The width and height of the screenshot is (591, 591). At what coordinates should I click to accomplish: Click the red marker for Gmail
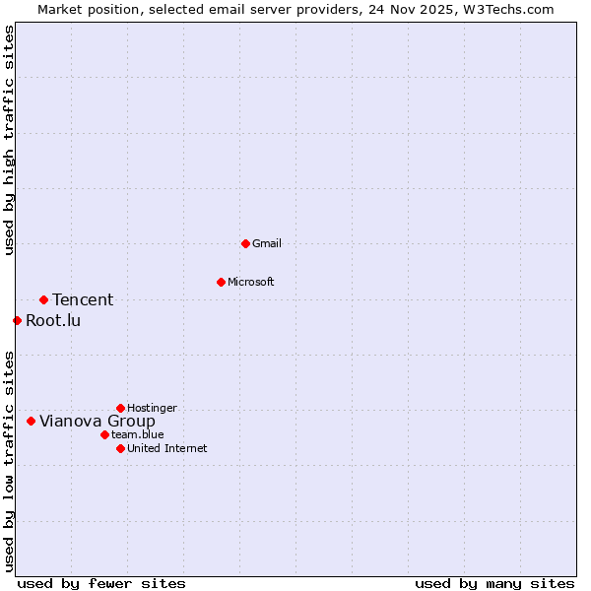click(x=245, y=243)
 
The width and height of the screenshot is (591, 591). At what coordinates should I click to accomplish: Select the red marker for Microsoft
click(x=221, y=283)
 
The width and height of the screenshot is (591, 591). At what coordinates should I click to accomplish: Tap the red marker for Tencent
click(x=43, y=299)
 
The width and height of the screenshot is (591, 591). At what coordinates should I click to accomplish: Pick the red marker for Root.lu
click(x=17, y=320)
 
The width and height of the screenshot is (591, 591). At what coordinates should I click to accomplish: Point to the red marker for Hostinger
click(x=120, y=408)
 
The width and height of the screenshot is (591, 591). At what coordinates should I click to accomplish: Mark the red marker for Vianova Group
click(x=31, y=421)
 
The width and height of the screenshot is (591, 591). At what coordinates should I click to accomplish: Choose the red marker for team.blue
click(x=104, y=434)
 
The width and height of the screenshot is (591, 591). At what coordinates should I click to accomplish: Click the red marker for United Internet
click(x=120, y=448)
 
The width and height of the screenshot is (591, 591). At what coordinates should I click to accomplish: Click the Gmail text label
click(x=267, y=243)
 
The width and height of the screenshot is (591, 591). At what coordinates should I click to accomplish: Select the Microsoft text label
click(x=251, y=283)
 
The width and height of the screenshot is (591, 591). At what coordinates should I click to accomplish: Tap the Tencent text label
click(x=83, y=299)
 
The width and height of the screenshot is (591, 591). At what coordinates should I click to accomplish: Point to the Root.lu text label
click(x=53, y=320)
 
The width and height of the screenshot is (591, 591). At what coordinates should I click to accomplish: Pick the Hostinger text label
click(x=152, y=408)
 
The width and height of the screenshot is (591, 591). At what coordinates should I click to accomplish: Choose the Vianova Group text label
click(x=97, y=421)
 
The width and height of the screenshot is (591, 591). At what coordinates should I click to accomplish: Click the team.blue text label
click(x=138, y=434)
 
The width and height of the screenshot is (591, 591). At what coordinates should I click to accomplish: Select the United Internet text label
click(x=166, y=448)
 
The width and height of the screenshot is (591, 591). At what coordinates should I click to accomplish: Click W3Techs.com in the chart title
click(x=507, y=10)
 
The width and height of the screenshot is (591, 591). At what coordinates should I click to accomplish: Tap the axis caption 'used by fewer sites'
click(x=100, y=583)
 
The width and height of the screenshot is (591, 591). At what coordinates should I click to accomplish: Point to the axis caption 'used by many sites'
click(x=494, y=583)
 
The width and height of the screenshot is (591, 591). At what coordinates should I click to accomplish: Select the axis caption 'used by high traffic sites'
click(x=10, y=140)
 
